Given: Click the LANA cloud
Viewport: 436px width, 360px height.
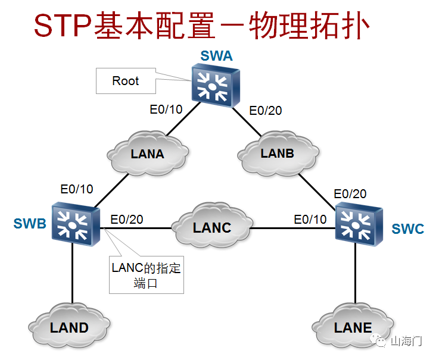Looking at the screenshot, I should pyautogui.click(x=147, y=154).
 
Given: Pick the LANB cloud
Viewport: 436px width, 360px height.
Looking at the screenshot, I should pyautogui.click(x=277, y=153).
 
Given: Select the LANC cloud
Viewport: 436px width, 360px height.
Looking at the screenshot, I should pyautogui.click(x=211, y=227).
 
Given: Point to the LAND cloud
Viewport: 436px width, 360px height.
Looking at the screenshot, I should pyautogui.click(x=69, y=327).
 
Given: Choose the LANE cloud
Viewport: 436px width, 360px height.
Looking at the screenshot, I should pyautogui.click(x=353, y=327).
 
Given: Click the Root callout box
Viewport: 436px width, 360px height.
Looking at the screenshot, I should pyautogui.click(x=126, y=81).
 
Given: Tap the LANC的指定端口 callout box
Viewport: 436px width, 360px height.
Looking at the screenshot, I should pyautogui.click(x=146, y=275).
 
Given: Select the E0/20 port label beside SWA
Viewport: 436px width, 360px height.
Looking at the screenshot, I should pyautogui.click(x=266, y=110).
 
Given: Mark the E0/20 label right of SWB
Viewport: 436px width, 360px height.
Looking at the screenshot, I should pyautogui.click(x=126, y=219).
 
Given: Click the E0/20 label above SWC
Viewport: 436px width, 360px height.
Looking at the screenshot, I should pyautogui.click(x=350, y=193).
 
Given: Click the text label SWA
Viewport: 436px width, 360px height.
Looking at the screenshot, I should pyautogui.click(x=216, y=57).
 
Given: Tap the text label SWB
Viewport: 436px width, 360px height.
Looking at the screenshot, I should pyautogui.click(x=29, y=224).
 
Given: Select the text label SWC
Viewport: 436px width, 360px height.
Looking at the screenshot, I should pyautogui.click(x=407, y=228).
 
